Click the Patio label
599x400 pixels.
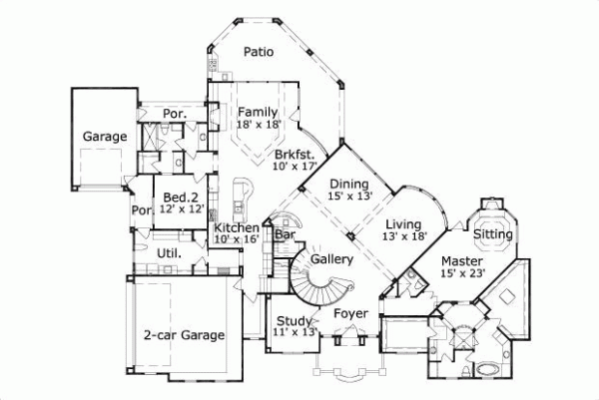[x=259, y=53]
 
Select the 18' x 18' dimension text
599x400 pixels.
[x=257, y=125]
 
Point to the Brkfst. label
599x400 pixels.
[x=296, y=155]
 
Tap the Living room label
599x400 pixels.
[x=403, y=223]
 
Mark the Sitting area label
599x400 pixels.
[x=492, y=234]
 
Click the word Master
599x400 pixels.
[x=462, y=261]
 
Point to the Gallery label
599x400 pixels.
[x=332, y=259]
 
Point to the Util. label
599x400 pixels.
[x=167, y=255]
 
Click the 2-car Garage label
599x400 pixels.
[x=184, y=335]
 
